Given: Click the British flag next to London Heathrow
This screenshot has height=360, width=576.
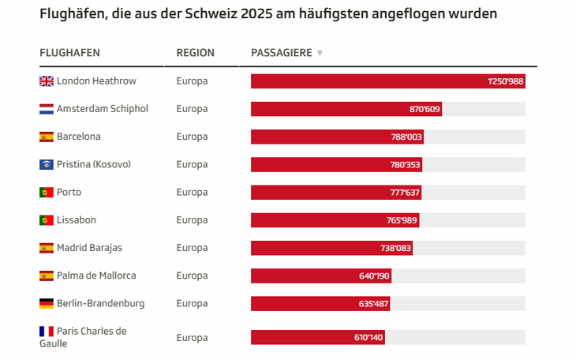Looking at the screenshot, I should [47, 81].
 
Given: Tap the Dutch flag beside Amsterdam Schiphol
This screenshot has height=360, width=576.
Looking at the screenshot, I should [47, 109].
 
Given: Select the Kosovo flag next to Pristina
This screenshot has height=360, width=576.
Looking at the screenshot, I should [47, 164].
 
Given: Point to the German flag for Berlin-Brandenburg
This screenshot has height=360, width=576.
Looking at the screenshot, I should [47, 303].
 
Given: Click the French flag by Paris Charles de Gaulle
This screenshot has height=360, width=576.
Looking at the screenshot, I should [47, 332].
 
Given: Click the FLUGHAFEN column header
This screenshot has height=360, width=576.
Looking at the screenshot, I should [69, 53].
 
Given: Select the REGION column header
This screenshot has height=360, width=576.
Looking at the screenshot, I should [195, 53].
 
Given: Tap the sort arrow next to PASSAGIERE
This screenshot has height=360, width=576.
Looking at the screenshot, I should [320, 54].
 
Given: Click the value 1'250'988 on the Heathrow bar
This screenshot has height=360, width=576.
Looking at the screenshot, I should [505, 81].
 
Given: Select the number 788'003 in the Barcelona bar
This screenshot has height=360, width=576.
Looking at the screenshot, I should [406, 137].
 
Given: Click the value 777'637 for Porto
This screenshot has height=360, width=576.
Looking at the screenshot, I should [404, 193].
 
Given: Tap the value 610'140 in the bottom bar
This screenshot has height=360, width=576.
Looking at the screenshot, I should [368, 337].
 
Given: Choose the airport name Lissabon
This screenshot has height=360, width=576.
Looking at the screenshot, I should [77, 220].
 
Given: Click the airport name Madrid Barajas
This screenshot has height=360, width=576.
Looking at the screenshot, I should [89, 248].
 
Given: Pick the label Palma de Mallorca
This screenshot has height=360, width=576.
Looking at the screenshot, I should [96, 276].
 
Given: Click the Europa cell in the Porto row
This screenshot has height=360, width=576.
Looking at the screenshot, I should [192, 193].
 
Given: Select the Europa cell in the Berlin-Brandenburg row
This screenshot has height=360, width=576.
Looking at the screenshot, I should [192, 303].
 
